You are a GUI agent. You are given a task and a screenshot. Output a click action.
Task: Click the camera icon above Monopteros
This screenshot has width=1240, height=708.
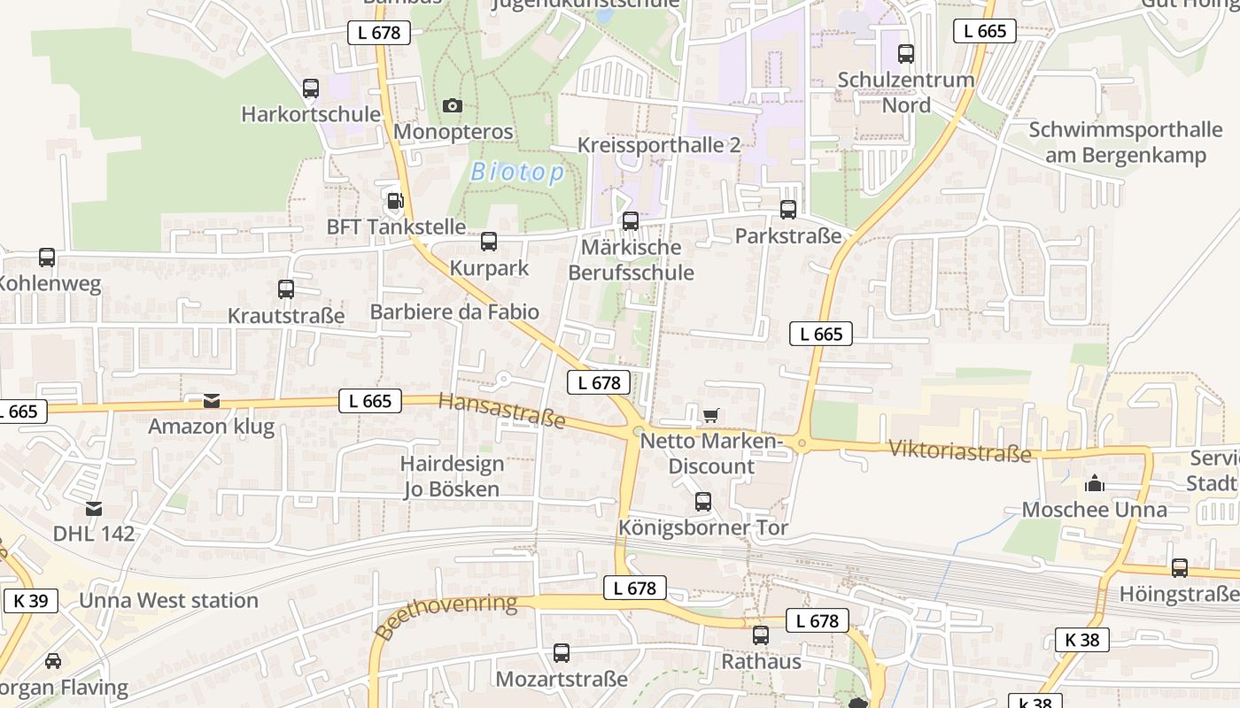pos(453,106)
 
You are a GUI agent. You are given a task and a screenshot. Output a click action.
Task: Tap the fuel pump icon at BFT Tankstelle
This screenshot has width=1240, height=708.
pos(395,201)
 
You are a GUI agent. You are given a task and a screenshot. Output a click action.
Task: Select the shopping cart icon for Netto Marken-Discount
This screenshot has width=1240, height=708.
pos(710,414)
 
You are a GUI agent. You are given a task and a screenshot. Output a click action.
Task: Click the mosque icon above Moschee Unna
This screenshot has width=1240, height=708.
pos(1095,483)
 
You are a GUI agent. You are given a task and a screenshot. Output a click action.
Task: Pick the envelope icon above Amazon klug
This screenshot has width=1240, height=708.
pos(212,401)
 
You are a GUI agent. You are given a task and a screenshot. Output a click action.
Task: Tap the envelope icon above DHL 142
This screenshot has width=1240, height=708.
pos(94,508)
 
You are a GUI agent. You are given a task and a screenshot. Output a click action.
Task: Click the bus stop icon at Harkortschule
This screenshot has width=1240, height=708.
pos(311,88)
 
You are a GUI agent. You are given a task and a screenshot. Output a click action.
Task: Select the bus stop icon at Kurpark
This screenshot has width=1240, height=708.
pos(489,242)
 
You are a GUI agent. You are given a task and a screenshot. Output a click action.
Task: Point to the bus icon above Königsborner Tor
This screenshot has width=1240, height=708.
pos(703,502)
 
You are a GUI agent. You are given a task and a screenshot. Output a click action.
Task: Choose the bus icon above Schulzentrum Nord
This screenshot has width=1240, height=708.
pos(906,54)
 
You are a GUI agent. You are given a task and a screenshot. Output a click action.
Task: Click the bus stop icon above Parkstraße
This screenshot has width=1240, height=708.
pos(788,210)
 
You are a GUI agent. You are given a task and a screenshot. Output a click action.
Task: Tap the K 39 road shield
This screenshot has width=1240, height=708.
pos(31,601)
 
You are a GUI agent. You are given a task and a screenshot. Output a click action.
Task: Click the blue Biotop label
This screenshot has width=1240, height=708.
pos(517,172)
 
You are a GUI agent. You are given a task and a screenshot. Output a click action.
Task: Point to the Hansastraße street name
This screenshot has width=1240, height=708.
pos(502,411)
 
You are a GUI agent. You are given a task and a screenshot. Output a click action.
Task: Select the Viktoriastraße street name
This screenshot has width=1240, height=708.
pos(959,450)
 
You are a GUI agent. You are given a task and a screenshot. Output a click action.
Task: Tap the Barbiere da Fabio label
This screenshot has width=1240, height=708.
pos(454,312)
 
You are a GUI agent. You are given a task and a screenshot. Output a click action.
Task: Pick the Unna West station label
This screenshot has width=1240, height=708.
pos(169,600)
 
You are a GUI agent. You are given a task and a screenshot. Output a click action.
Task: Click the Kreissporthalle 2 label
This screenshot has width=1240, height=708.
pos(659,145)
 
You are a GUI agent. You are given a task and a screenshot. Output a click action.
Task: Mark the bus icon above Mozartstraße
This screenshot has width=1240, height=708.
pos(562,653)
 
